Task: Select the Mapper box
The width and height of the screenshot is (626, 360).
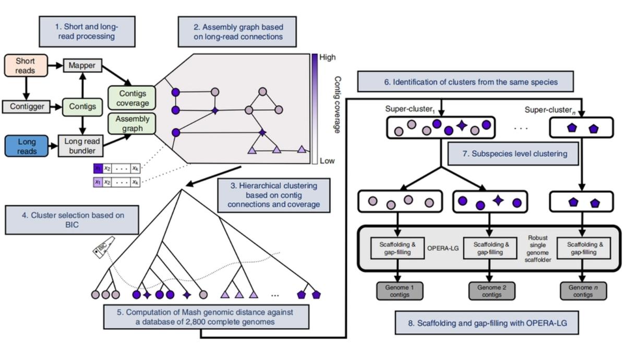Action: click(82, 66)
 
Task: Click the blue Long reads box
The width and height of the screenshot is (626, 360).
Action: click(27, 146)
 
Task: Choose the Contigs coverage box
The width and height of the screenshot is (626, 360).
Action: click(132, 98)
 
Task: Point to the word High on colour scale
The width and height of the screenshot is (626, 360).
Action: click(328, 57)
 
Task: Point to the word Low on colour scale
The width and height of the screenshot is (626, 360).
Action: click(327, 161)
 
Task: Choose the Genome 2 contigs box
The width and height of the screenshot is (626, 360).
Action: click(489, 291)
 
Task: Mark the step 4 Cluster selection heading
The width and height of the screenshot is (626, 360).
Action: click(72, 220)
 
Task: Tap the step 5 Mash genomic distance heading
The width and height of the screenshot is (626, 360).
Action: click(205, 317)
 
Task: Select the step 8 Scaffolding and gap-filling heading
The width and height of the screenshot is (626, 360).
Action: click(487, 323)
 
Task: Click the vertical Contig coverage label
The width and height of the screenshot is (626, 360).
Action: click(338, 104)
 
